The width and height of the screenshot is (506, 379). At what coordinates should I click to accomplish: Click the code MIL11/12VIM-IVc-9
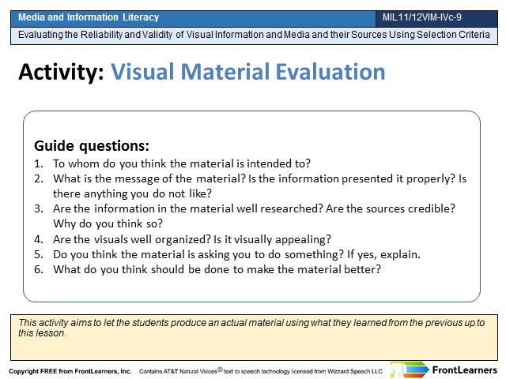(x=421, y=17)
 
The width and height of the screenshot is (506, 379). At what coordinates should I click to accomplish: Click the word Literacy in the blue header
(x=141, y=17)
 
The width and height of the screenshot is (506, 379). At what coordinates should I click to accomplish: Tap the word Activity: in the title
(x=62, y=72)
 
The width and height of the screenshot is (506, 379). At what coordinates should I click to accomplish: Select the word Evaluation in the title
(x=330, y=72)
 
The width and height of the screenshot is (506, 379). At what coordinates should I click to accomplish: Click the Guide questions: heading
(x=92, y=146)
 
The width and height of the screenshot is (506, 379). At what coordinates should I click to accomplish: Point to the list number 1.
(x=39, y=163)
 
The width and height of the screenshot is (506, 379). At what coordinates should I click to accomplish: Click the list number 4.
(x=39, y=239)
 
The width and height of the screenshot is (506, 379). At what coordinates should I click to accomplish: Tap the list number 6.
(x=39, y=269)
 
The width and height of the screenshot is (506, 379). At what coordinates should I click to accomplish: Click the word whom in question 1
(x=84, y=163)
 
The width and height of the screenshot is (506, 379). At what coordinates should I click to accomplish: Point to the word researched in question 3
(x=292, y=208)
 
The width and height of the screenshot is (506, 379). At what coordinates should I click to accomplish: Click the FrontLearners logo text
(x=465, y=370)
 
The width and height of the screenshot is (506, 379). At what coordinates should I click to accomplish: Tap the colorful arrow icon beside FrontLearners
(x=410, y=370)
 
